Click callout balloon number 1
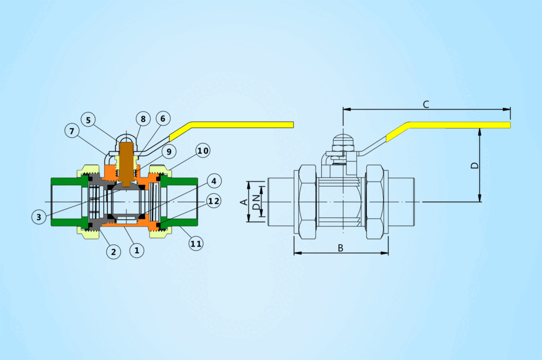click(137, 250)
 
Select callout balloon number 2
click(113, 251)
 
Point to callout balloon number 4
click(213, 182)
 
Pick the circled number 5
click(89, 120)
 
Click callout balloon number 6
click(162, 119)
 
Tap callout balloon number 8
click(142, 119)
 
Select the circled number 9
click(169, 152)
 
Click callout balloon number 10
click(203, 150)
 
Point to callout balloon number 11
click(196, 244)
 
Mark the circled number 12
click(214, 201)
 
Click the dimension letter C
click(426, 104)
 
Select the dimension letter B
click(340, 248)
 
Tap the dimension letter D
click(475, 165)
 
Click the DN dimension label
click(256, 202)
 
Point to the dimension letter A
click(244, 202)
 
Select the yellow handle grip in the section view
click(238, 125)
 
